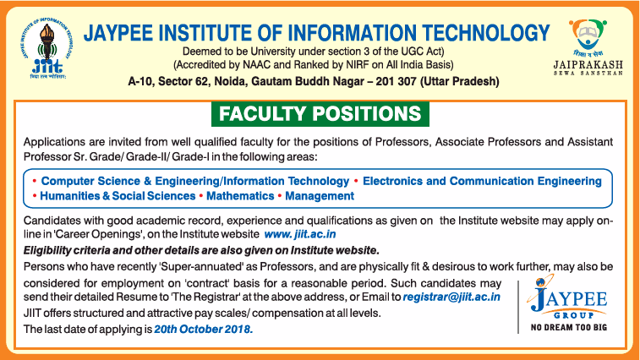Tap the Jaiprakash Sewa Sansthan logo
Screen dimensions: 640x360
click(x=588, y=47)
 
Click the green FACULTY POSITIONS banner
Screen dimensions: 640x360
click(x=320, y=114)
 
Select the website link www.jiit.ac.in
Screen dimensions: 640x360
click(x=300, y=234)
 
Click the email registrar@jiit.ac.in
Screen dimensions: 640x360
click(x=451, y=297)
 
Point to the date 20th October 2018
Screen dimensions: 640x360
click(x=203, y=329)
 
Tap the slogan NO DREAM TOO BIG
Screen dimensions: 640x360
click(x=569, y=327)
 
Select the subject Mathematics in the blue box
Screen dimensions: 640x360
click(x=240, y=196)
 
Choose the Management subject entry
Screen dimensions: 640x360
click(x=320, y=196)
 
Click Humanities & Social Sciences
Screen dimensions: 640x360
click(x=118, y=196)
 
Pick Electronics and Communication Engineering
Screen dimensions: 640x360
click(x=482, y=181)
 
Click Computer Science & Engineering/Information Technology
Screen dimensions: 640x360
click(x=195, y=181)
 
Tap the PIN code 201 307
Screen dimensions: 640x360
click(x=396, y=82)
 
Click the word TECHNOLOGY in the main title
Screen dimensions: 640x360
click(x=486, y=33)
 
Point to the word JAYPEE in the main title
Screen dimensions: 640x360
click(x=118, y=33)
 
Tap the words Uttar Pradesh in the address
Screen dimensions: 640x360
click(x=460, y=82)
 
